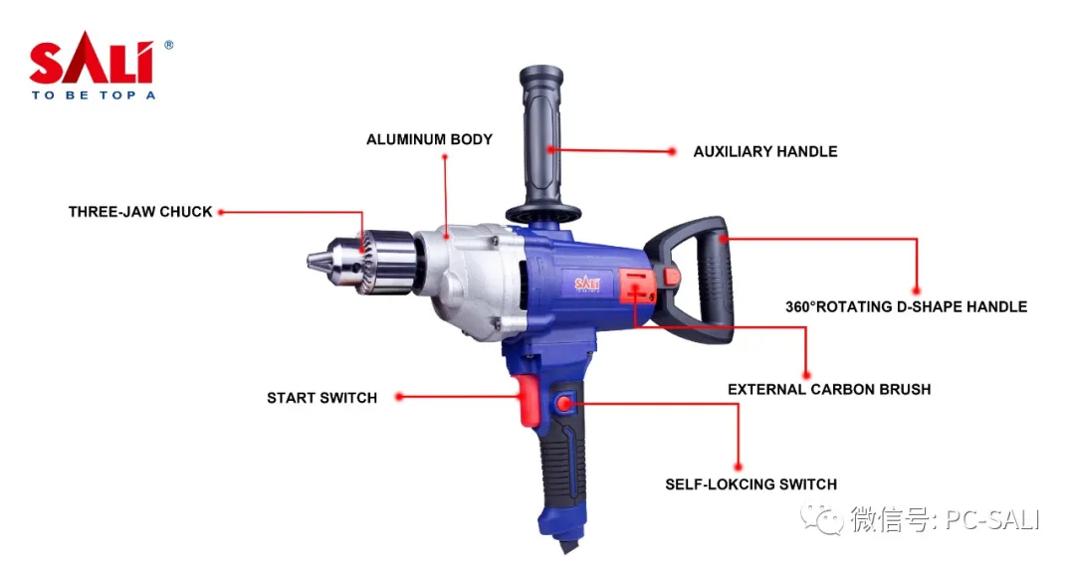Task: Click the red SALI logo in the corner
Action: coord(92,58)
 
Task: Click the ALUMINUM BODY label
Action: coord(429,139)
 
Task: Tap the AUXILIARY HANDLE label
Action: coord(765,151)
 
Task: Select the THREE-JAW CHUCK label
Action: coord(140,212)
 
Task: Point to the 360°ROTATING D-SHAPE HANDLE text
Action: coord(907,306)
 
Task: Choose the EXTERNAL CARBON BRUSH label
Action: coord(829,390)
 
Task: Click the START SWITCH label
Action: coord(322,398)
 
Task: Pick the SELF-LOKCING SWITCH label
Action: coord(752,484)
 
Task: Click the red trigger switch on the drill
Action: coord(528,401)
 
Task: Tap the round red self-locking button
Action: coord(564,403)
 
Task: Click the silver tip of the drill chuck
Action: coord(317,261)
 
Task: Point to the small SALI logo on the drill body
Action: coord(587,283)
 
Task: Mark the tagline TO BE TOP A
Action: coord(94,95)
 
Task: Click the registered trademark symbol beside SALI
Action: coord(168,45)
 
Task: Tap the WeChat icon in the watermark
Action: coord(822,520)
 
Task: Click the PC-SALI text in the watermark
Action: coord(992,519)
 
